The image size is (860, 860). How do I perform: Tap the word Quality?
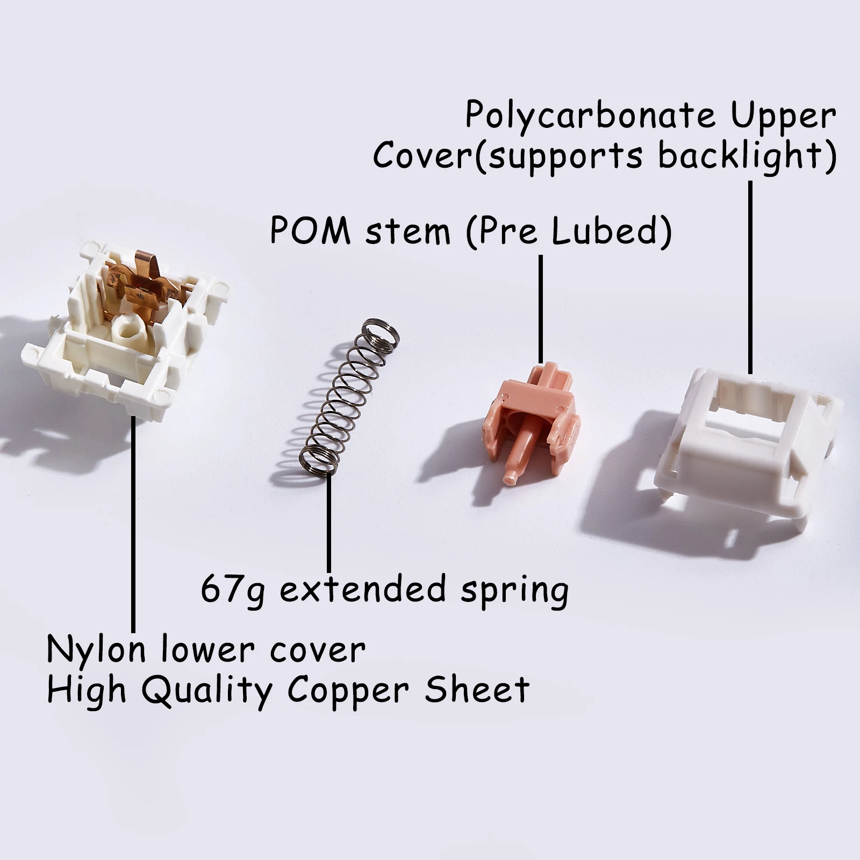tap(207, 691)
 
